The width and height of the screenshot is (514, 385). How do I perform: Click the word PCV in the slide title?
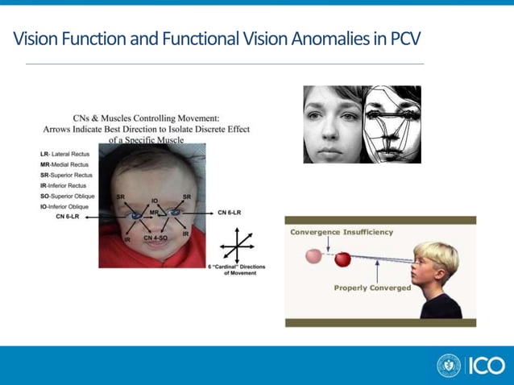[403, 38]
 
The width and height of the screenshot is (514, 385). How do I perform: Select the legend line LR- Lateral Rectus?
[65, 153]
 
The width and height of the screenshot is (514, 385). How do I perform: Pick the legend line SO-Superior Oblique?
[69, 196]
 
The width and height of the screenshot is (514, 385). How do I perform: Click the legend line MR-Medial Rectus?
[66, 164]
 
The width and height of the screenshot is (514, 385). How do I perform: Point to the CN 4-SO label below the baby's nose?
[155, 238]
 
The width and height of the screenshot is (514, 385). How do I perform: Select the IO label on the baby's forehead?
[154, 200]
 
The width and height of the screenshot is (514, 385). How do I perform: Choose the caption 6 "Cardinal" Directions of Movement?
[237, 270]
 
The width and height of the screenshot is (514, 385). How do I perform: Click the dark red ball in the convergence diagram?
[343, 259]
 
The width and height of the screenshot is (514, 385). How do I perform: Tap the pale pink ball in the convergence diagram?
[313, 257]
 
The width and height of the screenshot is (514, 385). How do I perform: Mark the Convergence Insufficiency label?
[342, 232]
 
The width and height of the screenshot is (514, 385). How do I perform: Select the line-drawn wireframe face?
[392, 125]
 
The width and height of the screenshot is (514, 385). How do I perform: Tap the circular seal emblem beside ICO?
[449, 366]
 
